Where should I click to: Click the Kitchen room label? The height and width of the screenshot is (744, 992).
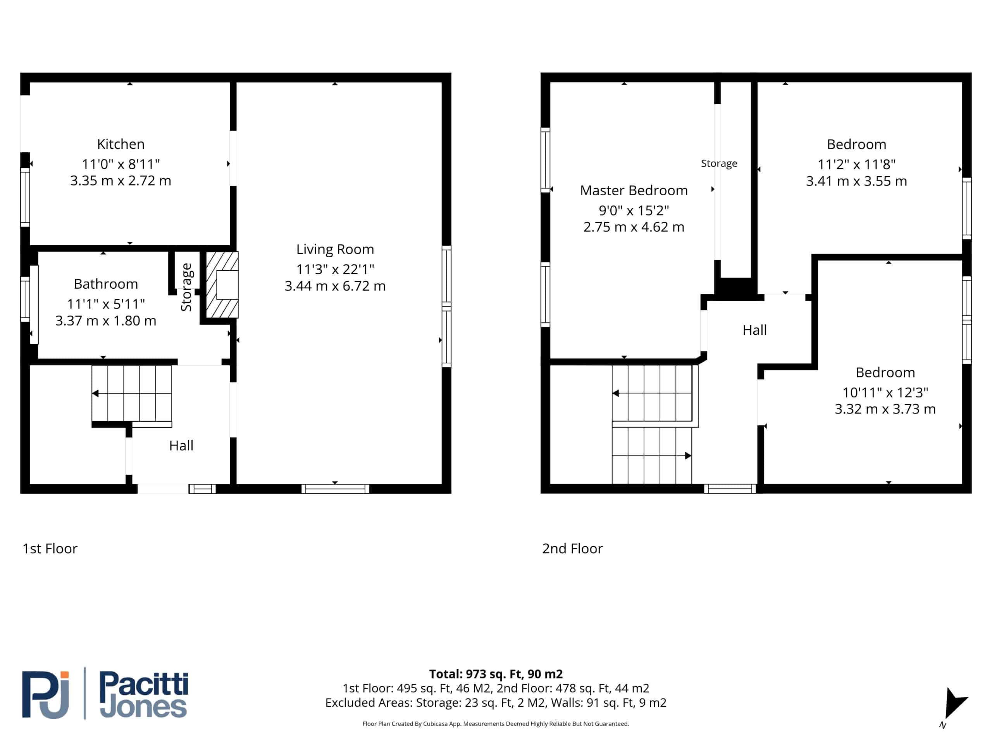point(121,144)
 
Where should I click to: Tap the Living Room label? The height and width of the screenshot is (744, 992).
point(335,249)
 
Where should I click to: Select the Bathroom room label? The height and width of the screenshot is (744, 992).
point(106,284)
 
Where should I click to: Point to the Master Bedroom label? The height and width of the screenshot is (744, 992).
point(634,191)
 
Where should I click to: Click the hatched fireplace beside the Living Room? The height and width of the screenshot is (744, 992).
point(222,285)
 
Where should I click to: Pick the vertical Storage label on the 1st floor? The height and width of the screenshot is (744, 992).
point(186,287)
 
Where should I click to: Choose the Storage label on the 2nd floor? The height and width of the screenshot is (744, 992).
point(719,164)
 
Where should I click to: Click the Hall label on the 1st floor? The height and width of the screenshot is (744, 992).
point(181,445)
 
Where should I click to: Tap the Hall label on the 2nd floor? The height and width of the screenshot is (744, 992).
point(755,330)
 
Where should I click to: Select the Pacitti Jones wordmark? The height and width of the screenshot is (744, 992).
point(143,695)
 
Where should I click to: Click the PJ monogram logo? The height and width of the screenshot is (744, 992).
point(46,695)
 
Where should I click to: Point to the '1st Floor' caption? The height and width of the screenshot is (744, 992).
point(50,548)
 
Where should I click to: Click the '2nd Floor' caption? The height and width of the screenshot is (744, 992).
point(572,548)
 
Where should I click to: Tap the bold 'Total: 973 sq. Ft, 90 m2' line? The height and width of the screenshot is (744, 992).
point(496,674)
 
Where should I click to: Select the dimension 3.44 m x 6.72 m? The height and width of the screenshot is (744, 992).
point(335,286)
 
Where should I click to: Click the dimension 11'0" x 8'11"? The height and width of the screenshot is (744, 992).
point(121,164)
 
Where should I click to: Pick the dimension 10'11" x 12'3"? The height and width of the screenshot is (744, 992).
point(885,393)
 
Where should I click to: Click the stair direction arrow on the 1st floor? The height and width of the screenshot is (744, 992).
point(131,393)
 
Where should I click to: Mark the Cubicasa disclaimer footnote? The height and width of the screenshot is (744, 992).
point(496,724)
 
